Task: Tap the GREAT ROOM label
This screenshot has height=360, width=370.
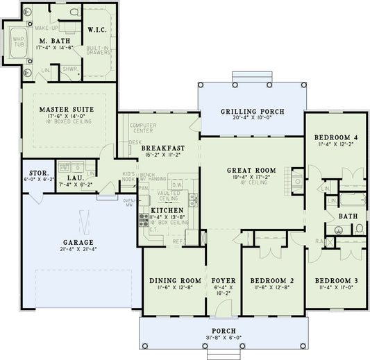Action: pyautogui.click(x=251, y=170)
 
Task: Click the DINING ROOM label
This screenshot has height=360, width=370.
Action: pyautogui.click(x=176, y=281)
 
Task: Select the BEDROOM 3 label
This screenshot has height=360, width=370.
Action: pyautogui.click(x=336, y=281)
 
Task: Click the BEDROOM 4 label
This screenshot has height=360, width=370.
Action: pyautogui.click(x=335, y=137)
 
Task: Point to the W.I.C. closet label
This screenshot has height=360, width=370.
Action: pyautogui.click(x=96, y=30)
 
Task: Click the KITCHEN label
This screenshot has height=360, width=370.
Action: pyautogui.click(x=167, y=210)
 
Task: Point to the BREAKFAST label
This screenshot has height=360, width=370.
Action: pyautogui.click(x=163, y=148)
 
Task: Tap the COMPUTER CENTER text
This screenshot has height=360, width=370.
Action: pyautogui.click(x=142, y=128)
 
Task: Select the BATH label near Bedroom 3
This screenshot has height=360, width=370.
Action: pyautogui.click(x=347, y=216)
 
